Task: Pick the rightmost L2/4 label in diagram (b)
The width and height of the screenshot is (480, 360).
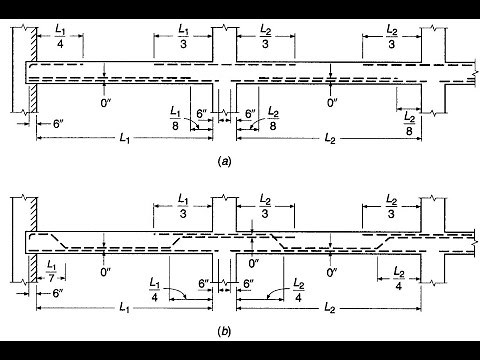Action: pyautogui.click(x=397, y=279)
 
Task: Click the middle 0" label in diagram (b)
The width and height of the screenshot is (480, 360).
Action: pyautogui.click(x=253, y=265)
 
